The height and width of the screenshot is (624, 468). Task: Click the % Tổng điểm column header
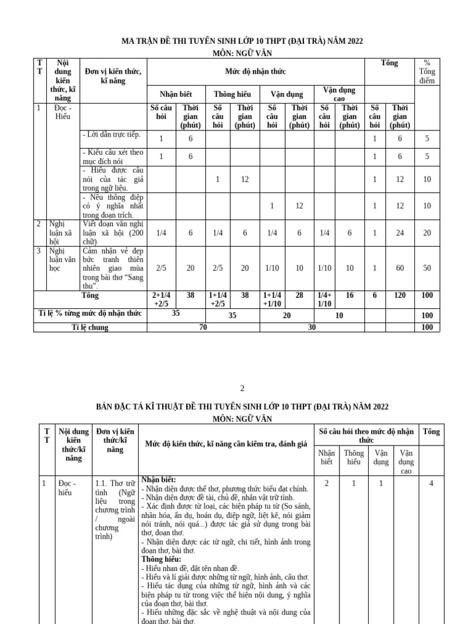(x=427, y=71)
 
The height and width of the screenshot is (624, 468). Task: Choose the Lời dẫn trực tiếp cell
(x=111, y=134)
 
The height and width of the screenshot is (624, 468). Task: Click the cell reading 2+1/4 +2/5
(x=161, y=299)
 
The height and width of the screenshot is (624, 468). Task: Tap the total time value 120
(x=400, y=295)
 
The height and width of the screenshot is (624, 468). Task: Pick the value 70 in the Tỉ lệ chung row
(x=204, y=327)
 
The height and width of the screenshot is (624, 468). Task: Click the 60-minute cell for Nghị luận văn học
(x=400, y=268)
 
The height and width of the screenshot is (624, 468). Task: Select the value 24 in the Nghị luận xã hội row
(x=400, y=233)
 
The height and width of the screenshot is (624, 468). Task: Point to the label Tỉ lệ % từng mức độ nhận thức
(x=90, y=314)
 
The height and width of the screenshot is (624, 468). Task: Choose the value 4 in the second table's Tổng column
(x=430, y=483)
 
